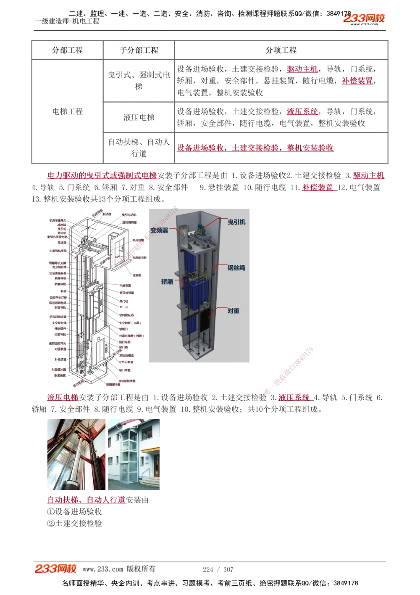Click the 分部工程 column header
(67, 50)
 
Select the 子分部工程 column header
(139, 50)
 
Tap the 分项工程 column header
(281, 50)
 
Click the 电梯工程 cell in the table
(67, 111)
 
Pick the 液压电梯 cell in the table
(139, 117)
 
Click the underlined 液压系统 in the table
(302, 111)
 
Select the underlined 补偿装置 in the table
(357, 81)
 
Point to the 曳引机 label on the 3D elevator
(236, 222)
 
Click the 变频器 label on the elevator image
(159, 230)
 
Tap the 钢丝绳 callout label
(236, 267)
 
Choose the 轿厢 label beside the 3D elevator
(167, 281)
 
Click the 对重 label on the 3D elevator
(234, 311)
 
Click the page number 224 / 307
(218, 569)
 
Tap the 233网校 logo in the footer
(55, 569)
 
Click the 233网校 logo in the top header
(364, 19)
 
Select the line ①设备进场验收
(75, 512)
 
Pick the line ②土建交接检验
(75, 524)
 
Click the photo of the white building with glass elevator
(134, 454)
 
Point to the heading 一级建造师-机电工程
(67, 21)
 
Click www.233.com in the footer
(103, 569)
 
